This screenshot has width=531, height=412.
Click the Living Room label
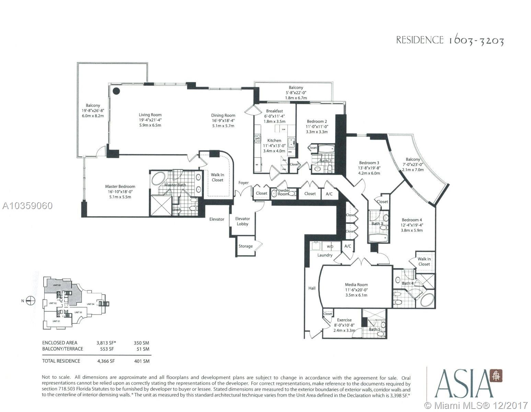click(150, 115)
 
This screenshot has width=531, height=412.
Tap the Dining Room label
click(223, 115)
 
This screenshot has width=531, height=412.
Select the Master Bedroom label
click(120, 186)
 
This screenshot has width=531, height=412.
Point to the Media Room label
click(356, 284)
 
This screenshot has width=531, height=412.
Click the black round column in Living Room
click(117, 91)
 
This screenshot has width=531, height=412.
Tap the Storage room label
click(245, 246)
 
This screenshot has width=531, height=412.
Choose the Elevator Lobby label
click(242, 221)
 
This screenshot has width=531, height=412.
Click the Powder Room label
click(283, 192)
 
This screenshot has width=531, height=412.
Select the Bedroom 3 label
click(369, 163)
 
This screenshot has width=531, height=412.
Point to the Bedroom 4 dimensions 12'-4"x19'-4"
click(412, 225)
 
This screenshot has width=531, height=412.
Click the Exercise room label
click(344, 320)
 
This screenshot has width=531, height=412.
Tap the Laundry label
click(325, 255)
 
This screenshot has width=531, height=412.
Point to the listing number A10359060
click(27, 206)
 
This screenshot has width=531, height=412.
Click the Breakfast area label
click(274, 111)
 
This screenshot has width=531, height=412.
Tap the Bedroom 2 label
click(317, 121)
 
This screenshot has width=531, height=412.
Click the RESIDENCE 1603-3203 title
click(450, 41)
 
